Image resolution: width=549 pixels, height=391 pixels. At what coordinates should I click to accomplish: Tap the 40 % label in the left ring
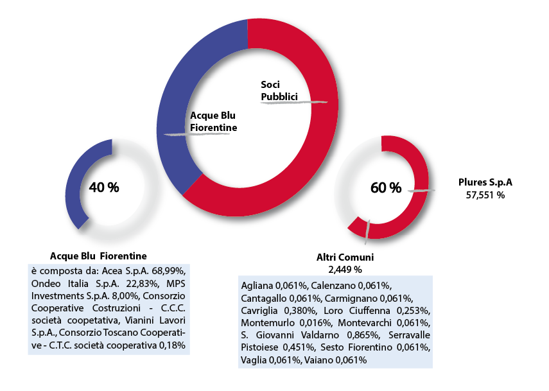click(104, 187)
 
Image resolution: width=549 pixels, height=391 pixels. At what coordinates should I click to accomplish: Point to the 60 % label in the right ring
click(386, 187)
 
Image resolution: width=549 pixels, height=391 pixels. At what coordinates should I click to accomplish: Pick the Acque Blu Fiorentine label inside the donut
click(213, 122)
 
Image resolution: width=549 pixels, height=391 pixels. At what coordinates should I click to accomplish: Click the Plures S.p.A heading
click(485, 182)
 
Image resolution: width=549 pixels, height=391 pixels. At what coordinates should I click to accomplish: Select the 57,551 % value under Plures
click(485, 195)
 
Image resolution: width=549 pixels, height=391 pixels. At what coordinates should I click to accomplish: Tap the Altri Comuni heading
click(345, 257)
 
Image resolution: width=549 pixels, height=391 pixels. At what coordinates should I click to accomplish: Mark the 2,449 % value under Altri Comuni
click(345, 268)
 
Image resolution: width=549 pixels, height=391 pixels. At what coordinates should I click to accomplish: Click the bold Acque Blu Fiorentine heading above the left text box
click(98, 256)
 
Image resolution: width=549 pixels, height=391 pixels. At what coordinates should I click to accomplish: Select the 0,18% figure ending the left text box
click(173, 345)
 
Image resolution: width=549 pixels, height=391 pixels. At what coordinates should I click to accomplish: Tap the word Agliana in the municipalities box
click(257, 284)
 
